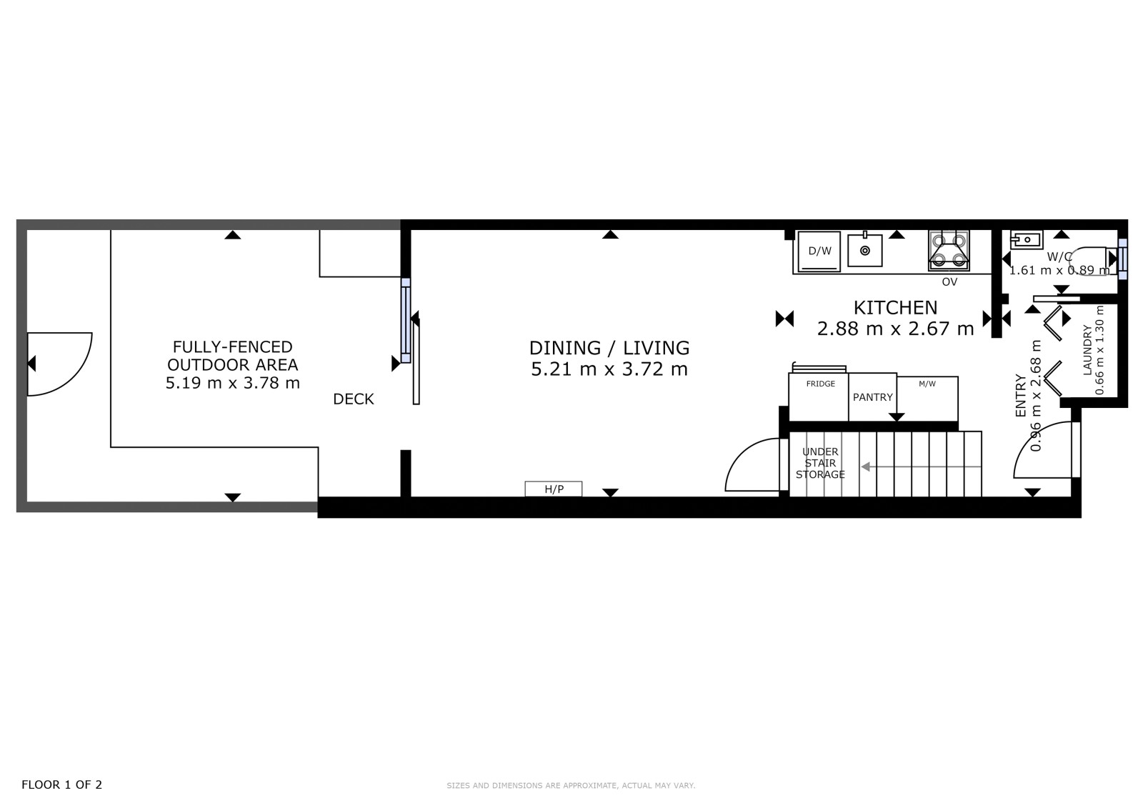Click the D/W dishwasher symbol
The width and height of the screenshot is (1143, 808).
pyautogui.click(x=819, y=251)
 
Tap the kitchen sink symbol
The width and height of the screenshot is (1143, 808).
pyautogui.click(x=865, y=250)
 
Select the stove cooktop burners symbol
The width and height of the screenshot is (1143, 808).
pyautogui.click(x=949, y=251)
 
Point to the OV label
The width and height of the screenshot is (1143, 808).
pyautogui.click(x=949, y=281)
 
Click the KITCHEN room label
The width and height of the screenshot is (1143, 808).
pyautogui.click(x=896, y=308)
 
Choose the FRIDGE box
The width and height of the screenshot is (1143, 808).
pyautogui.click(x=819, y=397)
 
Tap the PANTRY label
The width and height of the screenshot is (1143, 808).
pyautogui.click(x=872, y=397)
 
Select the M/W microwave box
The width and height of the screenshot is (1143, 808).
pyautogui.click(x=928, y=399)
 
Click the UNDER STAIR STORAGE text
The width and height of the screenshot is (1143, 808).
pyautogui.click(x=820, y=463)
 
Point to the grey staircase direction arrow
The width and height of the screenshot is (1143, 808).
pyautogui.click(x=921, y=467)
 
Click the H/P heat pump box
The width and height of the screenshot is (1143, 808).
pyautogui.click(x=554, y=489)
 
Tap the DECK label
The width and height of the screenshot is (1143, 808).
pyautogui.click(x=353, y=399)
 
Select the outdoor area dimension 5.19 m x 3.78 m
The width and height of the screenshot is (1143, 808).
pyautogui.click(x=233, y=383)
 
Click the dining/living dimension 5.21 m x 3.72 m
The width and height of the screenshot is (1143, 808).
pyautogui.click(x=609, y=369)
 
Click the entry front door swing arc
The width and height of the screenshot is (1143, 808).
pyautogui.click(x=1026, y=439)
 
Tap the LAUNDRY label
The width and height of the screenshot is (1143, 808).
pyautogui.click(x=1087, y=350)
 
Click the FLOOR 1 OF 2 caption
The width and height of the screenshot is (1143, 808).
pyautogui.click(x=61, y=784)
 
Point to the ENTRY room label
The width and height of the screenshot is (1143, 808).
pyautogui.click(x=1021, y=396)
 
